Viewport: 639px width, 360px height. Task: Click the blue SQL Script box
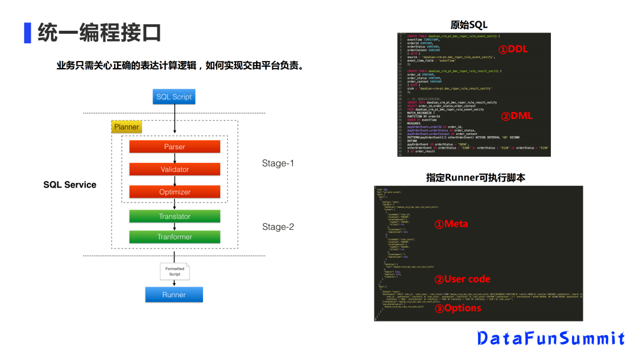click(174, 97)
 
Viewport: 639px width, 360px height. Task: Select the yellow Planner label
click(127, 127)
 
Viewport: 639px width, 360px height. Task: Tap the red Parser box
click(175, 147)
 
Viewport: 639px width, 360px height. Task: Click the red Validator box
click(175, 169)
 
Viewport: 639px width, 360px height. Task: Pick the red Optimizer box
click(175, 192)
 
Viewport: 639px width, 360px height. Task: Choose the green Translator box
click(175, 217)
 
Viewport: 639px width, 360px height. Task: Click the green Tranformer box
click(175, 237)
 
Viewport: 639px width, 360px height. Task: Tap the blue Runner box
click(174, 295)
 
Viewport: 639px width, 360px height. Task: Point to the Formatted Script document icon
click(175, 271)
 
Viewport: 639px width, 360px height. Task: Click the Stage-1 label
click(277, 163)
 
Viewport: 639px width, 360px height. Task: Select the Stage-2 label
click(277, 227)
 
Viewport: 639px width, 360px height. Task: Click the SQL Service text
click(70, 185)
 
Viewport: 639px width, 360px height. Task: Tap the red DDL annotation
click(512, 50)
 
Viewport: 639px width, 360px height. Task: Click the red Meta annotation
click(451, 224)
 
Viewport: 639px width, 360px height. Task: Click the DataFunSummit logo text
click(551, 338)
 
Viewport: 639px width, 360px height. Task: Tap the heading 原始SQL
click(469, 25)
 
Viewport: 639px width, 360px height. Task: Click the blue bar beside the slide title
click(27, 33)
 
